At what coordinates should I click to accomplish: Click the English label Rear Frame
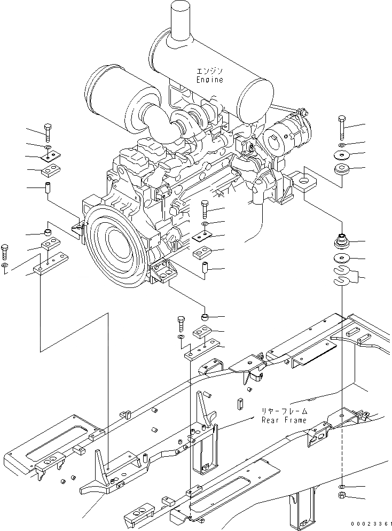[284, 420]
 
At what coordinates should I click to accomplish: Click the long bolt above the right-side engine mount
[342, 127]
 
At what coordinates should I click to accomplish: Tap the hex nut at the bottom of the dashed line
[342, 497]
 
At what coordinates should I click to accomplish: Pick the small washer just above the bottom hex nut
[342, 487]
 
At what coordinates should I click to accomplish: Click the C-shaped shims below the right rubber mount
[342, 275]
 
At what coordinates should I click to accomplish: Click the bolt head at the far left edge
[5, 249]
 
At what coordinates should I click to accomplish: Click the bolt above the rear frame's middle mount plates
[180, 323]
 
